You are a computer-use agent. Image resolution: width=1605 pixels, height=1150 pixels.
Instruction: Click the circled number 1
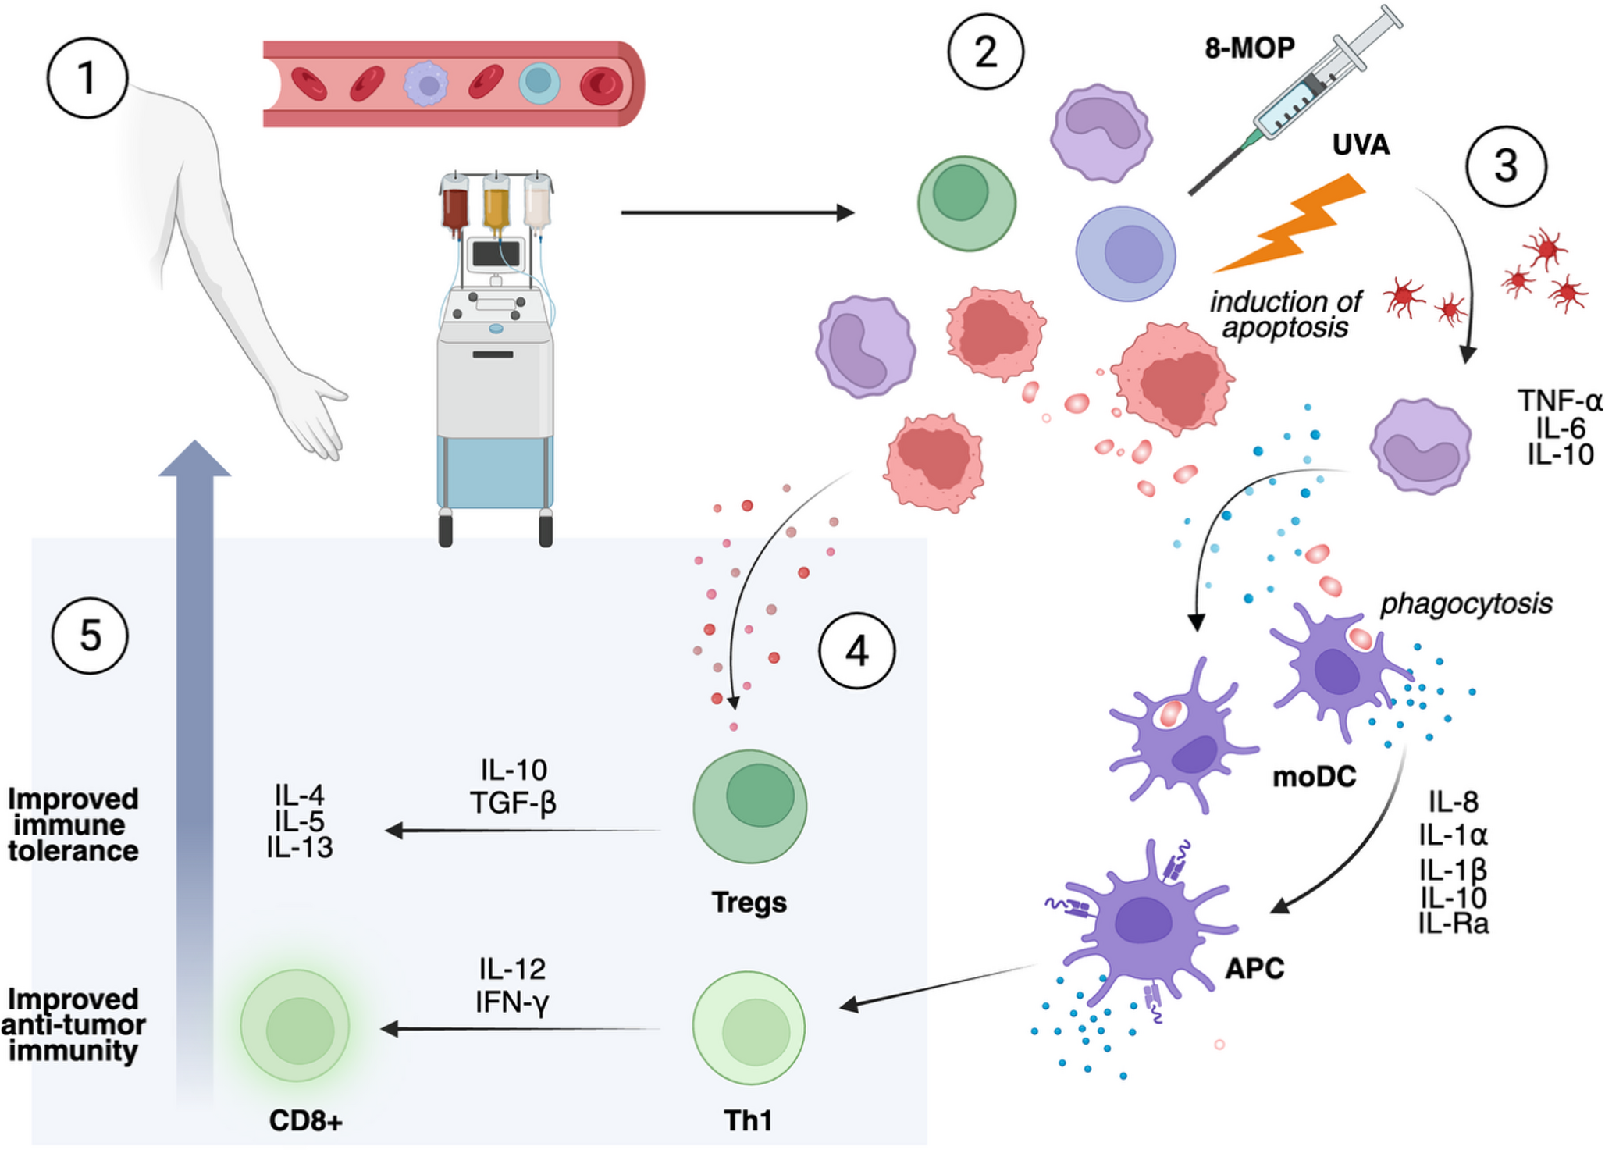[87, 78]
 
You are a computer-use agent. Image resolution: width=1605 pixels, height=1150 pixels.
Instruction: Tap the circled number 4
[856, 650]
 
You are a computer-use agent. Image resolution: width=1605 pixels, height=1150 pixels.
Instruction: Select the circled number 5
[90, 635]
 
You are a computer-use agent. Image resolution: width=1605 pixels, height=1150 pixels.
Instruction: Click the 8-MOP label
[1249, 48]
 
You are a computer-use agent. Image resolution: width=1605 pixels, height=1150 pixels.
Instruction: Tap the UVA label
[1361, 145]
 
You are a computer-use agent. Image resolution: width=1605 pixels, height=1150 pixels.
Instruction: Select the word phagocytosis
[1466, 603]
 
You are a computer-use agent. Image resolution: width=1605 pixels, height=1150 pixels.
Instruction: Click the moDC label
[1314, 777]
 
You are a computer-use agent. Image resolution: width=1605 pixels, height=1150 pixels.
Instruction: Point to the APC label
[1254, 969]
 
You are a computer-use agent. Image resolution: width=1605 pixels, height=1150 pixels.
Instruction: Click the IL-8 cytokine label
[1454, 802]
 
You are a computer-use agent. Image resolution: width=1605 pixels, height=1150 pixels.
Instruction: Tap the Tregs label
[749, 903]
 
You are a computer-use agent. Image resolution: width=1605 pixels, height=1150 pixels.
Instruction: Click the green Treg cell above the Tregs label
[750, 806]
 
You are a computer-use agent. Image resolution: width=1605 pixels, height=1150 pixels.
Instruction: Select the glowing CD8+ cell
[295, 1026]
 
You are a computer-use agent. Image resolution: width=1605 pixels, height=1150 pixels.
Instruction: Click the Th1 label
[748, 1121]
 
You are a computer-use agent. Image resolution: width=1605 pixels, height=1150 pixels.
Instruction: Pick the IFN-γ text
[512, 1002]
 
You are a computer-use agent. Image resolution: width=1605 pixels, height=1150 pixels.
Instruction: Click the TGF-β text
[513, 803]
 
